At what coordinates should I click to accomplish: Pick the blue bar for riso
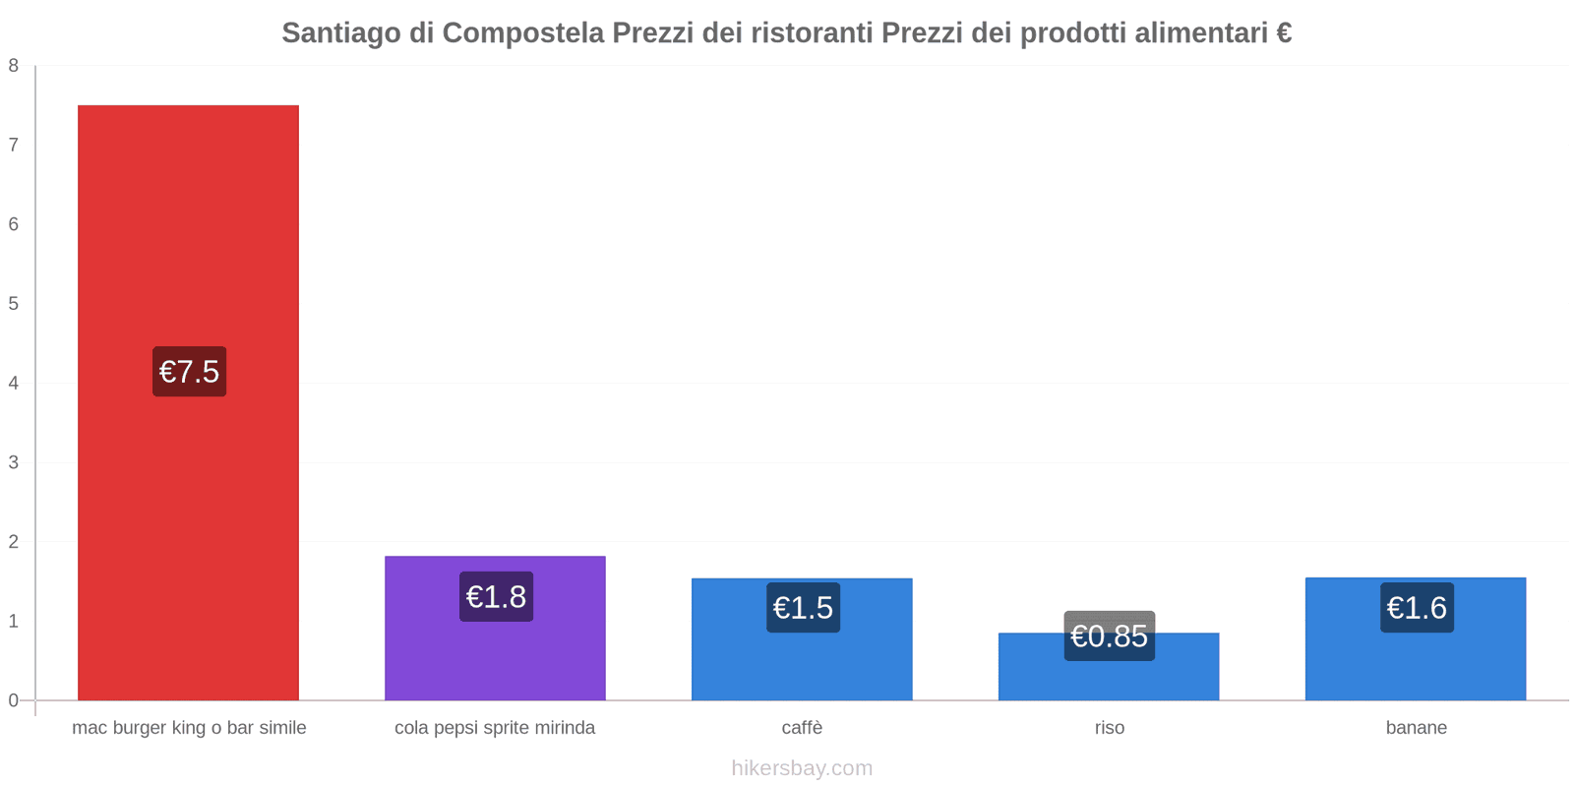pyautogui.click(x=1109, y=679)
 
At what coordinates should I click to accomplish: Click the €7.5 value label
pyautogui.click(x=189, y=372)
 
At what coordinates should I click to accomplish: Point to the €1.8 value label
pyautogui.click(x=496, y=597)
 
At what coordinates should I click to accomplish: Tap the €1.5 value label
pyautogui.click(x=803, y=608)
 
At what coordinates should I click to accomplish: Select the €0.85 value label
pyautogui.click(x=1109, y=636)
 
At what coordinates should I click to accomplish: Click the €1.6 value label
pyautogui.click(x=1417, y=608)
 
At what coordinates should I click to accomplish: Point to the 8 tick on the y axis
pyautogui.click(x=14, y=66)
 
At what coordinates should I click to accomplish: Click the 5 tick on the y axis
pyautogui.click(x=14, y=304)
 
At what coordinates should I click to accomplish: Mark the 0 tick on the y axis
pyautogui.click(x=14, y=700)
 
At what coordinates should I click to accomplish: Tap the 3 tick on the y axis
pyautogui.click(x=14, y=462)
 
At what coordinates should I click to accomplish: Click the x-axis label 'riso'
pyautogui.click(x=1109, y=728)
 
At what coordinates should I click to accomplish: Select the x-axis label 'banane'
pyautogui.click(x=1416, y=728)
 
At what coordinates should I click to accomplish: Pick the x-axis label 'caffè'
pyautogui.click(x=802, y=728)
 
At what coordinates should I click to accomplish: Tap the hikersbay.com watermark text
pyautogui.click(x=802, y=768)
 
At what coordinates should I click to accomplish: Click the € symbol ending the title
pyautogui.click(x=1283, y=33)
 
